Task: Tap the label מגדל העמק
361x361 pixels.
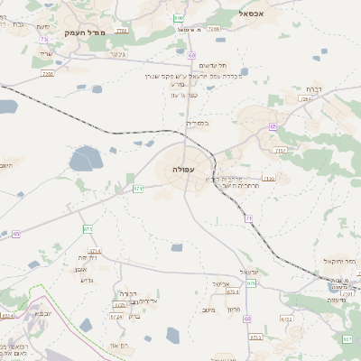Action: [x=87, y=32]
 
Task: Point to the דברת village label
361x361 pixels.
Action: [x=313, y=89]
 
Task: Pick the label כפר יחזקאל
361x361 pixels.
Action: [x=338, y=261]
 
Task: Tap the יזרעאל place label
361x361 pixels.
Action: [x=249, y=272]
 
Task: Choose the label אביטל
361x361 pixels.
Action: [x=223, y=282]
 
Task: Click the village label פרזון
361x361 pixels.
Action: [x=234, y=310]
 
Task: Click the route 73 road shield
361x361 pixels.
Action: [x=42, y=40]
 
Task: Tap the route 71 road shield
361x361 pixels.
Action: [x=247, y=218]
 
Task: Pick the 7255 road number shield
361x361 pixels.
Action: [x=47, y=73]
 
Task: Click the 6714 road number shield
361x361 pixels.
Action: [x=96, y=250]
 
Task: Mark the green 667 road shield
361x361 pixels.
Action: [x=347, y=338]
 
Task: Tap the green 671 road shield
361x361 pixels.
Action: [x=138, y=189]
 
